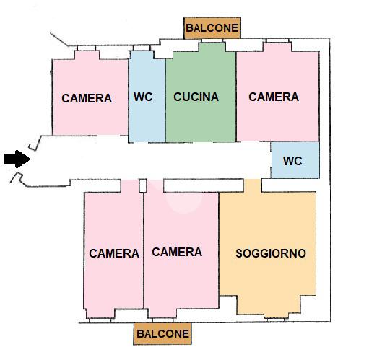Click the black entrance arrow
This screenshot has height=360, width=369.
pyautogui.click(x=17, y=159)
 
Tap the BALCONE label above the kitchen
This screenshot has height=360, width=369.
pyautogui.click(x=212, y=28)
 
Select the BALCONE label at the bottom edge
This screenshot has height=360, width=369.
pyautogui.click(x=162, y=334)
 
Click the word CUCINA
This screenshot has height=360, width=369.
pyautogui.click(x=196, y=97)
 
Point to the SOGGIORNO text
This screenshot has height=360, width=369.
pyautogui.click(x=271, y=253)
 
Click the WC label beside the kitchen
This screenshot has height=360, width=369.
pyautogui.click(x=143, y=97)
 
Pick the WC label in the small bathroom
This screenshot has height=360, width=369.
pyautogui.click(x=292, y=161)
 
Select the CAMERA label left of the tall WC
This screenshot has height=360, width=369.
pyautogui.click(x=87, y=98)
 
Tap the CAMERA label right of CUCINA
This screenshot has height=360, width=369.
pyautogui.click(x=274, y=97)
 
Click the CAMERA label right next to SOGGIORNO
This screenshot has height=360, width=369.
pyautogui.click(x=177, y=252)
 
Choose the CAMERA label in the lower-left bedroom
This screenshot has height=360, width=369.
pyautogui.click(x=114, y=253)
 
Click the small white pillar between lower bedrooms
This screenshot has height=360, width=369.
pyautogui.click(x=143, y=185)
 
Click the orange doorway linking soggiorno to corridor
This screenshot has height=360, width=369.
pyautogui.click(x=252, y=185)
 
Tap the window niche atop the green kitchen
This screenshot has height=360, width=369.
pyautogui.click(x=212, y=47)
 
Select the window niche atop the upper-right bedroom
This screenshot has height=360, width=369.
pyautogui.click(x=277, y=47)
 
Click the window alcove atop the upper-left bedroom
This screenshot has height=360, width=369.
pyautogui.click(x=87, y=55)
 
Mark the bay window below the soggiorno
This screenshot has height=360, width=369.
pyautogui.click(x=269, y=305)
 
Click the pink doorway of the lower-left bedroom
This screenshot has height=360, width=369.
pyautogui.click(x=129, y=186)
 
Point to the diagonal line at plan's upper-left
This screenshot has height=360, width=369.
pyautogui.click(x=59, y=39)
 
